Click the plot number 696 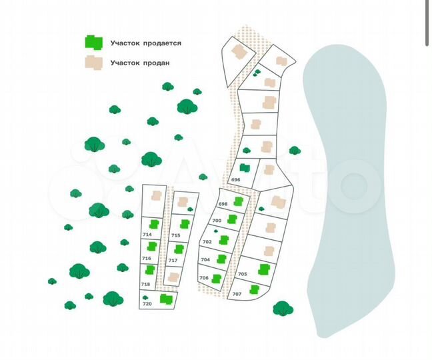tap(235, 179)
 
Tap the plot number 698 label tap(223, 204)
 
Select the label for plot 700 tap(217, 221)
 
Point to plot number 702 tap(207, 242)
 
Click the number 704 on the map tap(205, 259)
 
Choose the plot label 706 tap(204, 278)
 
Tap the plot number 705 tap(243, 274)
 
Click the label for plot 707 tap(237, 294)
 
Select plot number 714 tap(147, 235)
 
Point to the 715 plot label tap(176, 235)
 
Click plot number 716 tap(147, 259)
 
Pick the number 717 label tap(173, 260)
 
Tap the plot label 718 tap(145, 284)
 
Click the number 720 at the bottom tap(147, 304)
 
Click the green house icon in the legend tap(94, 43)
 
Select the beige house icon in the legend tap(94, 63)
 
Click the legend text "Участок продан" tap(140, 63)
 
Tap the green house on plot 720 tap(167, 299)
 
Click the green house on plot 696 tap(245, 167)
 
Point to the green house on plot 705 tap(264, 269)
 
